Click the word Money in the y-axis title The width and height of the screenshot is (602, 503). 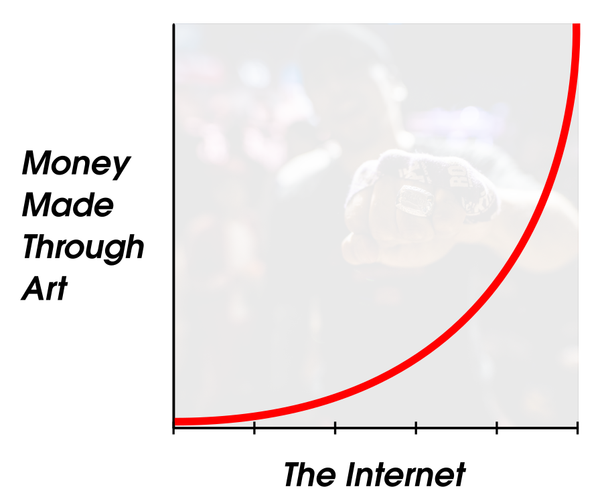click(x=76, y=164)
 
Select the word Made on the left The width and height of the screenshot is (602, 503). click(x=68, y=205)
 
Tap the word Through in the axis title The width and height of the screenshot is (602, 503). click(x=83, y=248)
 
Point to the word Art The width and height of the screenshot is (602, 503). click(x=45, y=288)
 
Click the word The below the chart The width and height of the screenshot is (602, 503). click(x=309, y=474)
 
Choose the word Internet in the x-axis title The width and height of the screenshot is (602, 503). click(x=406, y=474)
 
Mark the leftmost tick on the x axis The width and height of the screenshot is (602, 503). click(x=174, y=428)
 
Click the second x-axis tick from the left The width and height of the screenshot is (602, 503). click(x=254, y=428)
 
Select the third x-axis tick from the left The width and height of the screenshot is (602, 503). click(x=335, y=428)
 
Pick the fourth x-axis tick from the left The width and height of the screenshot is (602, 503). click(x=417, y=428)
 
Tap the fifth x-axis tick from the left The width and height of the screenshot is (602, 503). click(x=497, y=428)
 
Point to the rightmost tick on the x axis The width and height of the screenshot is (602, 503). click(x=577, y=428)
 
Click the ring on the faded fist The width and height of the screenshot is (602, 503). click(x=415, y=199)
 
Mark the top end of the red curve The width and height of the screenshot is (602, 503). click(x=577, y=25)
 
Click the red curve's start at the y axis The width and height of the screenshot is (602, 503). click(x=175, y=421)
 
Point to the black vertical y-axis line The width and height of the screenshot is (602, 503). click(x=174, y=225)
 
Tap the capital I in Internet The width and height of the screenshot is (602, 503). click(x=352, y=474)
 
